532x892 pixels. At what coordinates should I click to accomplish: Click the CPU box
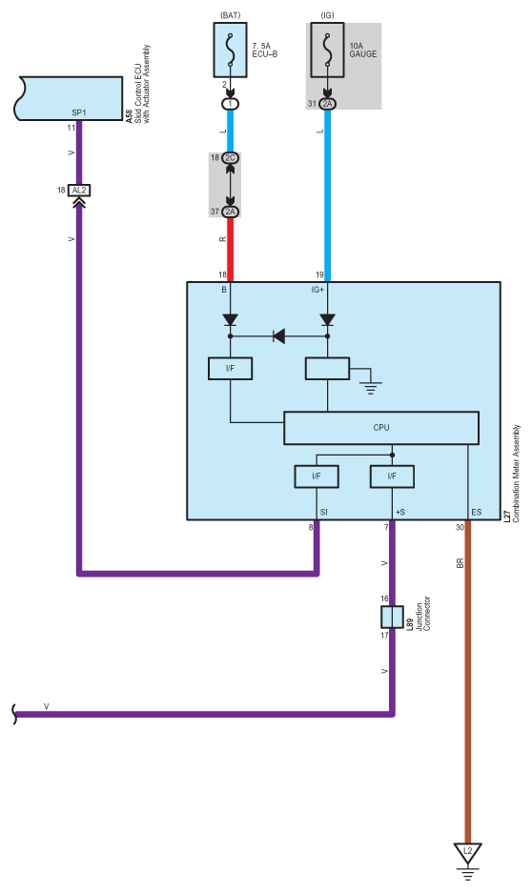(x=380, y=428)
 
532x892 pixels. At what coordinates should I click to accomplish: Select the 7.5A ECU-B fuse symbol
(x=230, y=51)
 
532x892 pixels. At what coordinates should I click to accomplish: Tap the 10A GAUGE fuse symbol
(x=327, y=51)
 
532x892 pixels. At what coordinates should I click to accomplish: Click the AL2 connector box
(x=79, y=190)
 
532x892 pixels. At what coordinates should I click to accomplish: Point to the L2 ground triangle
(x=468, y=852)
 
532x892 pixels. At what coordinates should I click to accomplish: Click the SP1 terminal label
(x=79, y=112)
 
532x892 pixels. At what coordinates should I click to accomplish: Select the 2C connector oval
(x=230, y=157)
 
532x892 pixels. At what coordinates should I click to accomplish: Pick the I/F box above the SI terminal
(x=317, y=476)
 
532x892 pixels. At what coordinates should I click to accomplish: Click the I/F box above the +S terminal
(x=392, y=476)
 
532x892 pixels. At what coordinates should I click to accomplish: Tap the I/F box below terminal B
(x=230, y=369)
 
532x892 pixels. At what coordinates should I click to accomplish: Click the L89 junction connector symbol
(x=392, y=616)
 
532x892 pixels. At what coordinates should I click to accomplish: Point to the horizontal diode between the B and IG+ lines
(x=278, y=336)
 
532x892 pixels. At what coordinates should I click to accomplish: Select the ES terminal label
(x=477, y=512)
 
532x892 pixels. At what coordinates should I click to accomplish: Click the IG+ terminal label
(x=317, y=290)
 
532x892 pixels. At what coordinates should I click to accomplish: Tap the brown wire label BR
(x=460, y=563)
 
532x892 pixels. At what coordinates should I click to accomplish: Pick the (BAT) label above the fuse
(x=230, y=15)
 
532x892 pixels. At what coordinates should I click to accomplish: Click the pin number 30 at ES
(x=460, y=527)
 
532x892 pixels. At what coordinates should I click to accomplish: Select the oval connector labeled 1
(x=230, y=104)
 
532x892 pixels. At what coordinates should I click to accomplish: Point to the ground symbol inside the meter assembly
(x=371, y=388)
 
